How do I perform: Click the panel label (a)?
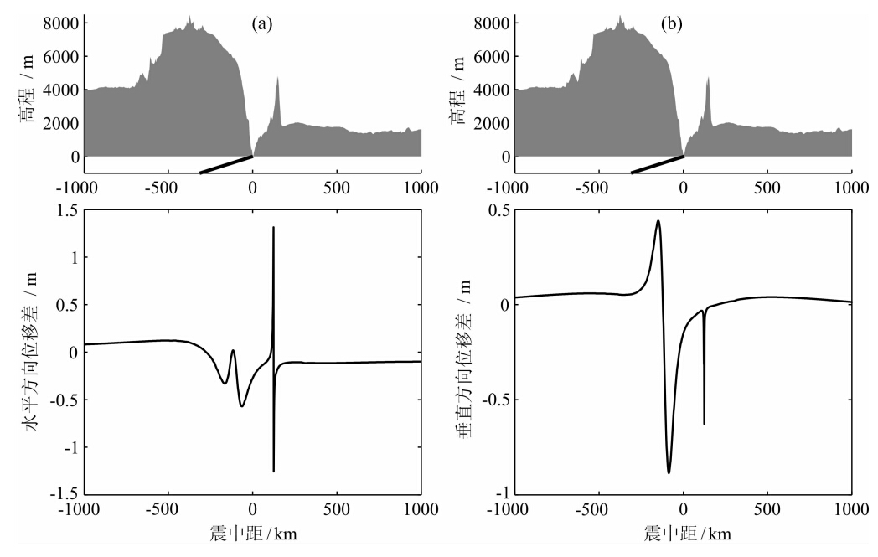click(263, 24)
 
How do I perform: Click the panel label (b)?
click(671, 24)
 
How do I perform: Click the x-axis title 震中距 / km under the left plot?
click(252, 534)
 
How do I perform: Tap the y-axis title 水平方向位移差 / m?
click(31, 352)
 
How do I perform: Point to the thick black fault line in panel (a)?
click(226, 164)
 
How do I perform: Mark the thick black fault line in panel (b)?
click(657, 164)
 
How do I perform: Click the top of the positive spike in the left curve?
click(273, 228)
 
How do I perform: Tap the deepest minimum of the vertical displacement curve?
click(669, 472)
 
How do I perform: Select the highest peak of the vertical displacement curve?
click(658, 221)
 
